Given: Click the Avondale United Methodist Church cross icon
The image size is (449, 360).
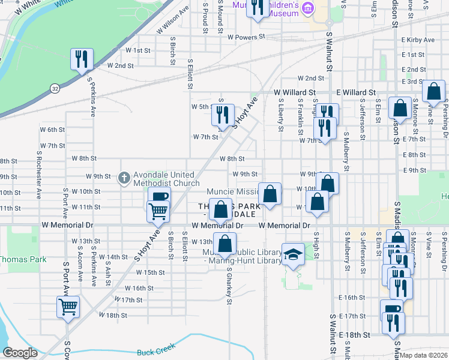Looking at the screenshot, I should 124,177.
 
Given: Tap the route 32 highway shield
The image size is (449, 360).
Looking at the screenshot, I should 55,88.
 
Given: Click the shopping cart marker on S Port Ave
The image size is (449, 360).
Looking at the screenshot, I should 68,307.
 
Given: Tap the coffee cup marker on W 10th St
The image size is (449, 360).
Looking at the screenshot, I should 159,197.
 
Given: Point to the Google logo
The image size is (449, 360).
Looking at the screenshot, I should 20,353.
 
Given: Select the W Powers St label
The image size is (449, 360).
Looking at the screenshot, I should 247,37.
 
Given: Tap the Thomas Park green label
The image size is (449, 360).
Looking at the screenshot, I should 22,260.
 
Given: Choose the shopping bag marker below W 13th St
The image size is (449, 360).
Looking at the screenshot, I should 225,244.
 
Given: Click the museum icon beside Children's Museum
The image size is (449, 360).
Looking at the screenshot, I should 309,7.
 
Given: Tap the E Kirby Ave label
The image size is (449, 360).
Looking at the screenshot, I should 418,40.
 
